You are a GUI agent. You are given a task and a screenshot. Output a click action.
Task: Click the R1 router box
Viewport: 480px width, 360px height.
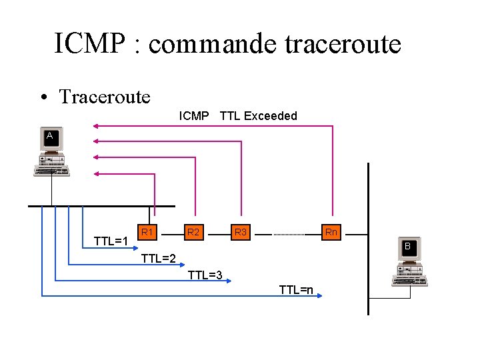pyautogui.click(x=148, y=233)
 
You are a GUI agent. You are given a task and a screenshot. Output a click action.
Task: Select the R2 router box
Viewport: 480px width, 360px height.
pyautogui.click(x=193, y=233)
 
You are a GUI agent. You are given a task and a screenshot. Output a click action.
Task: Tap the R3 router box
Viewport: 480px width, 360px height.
pyautogui.click(x=241, y=233)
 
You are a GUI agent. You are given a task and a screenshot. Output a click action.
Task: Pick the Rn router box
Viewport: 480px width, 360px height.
pyautogui.click(x=331, y=233)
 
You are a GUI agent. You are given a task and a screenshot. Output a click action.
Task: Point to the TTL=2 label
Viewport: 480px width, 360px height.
pyautogui.click(x=159, y=259)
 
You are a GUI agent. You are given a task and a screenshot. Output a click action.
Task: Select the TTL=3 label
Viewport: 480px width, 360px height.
pyautogui.click(x=205, y=274)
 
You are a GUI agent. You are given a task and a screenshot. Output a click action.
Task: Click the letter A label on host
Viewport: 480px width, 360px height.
pyautogui.click(x=50, y=137)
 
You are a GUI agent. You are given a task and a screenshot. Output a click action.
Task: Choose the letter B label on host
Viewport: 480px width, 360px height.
pyautogui.click(x=407, y=247)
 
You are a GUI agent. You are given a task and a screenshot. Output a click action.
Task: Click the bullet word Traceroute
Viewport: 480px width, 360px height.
pyautogui.click(x=105, y=97)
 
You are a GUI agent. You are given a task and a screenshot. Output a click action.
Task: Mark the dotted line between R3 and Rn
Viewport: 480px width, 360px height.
pyautogui.click(x=288, y=235)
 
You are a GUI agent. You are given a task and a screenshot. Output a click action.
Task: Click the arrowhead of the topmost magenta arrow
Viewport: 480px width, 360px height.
pyautogui.click(x=96, y=125)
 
